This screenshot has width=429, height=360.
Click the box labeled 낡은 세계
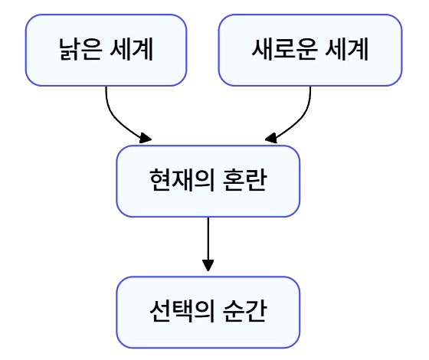pos(106,50)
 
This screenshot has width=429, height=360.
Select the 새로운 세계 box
pos(310,50)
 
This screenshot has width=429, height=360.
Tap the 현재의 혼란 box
pos(208,181)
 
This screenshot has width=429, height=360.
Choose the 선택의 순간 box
pos(208,313)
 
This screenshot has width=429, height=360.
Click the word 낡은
pos(80,50)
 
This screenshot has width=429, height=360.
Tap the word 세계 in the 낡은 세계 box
pos(131,50)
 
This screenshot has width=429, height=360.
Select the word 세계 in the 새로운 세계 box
pos(346,50)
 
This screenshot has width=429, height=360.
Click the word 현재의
pos(182,180)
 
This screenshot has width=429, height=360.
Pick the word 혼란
pos(244,180)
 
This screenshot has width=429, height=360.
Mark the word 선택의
pos(182,311)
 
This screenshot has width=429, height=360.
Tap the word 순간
pos(244,311)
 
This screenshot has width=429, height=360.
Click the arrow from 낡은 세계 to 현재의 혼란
pos(116,121)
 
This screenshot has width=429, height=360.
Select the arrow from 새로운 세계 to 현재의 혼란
pos(300,121)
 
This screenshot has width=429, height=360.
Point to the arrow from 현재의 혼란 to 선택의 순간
pos(208,244)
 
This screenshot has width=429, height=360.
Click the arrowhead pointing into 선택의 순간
pos(208,266)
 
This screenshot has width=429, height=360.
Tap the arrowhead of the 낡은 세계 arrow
pos(146,138)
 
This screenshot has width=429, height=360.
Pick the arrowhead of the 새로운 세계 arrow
pos(271,138)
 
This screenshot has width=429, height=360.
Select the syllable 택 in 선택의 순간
pos(182,311)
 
